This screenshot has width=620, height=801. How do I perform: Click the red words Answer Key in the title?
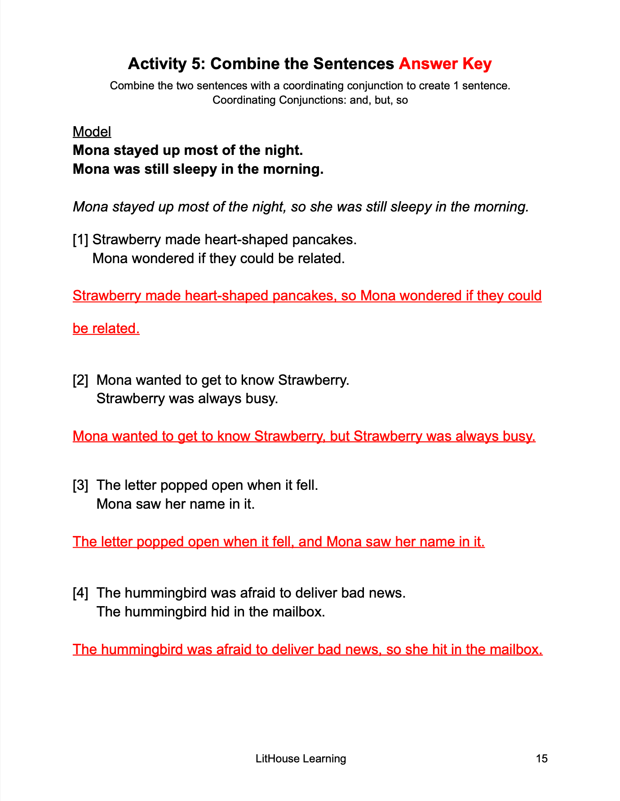[x=445, y=64]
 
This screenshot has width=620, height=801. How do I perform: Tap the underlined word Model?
[x=92, y=132]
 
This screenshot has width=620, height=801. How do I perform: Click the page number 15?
[x=541, y=758]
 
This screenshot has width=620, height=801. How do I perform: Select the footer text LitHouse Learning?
[x=301, y=758]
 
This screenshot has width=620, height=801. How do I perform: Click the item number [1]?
[x=80, y=240]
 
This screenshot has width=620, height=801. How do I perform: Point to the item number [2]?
[x=80, y=380]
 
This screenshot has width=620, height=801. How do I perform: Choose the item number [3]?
[x=80, y=485]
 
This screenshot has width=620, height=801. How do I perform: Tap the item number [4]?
[x=80, y=593]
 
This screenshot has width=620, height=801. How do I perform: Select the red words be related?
[x=106, y=328]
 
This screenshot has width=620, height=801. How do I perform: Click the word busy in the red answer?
[x=520, y=436]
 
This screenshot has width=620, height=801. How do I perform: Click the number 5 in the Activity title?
[x=197, y=64]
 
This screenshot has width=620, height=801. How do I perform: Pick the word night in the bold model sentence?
[x=283, y=150]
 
